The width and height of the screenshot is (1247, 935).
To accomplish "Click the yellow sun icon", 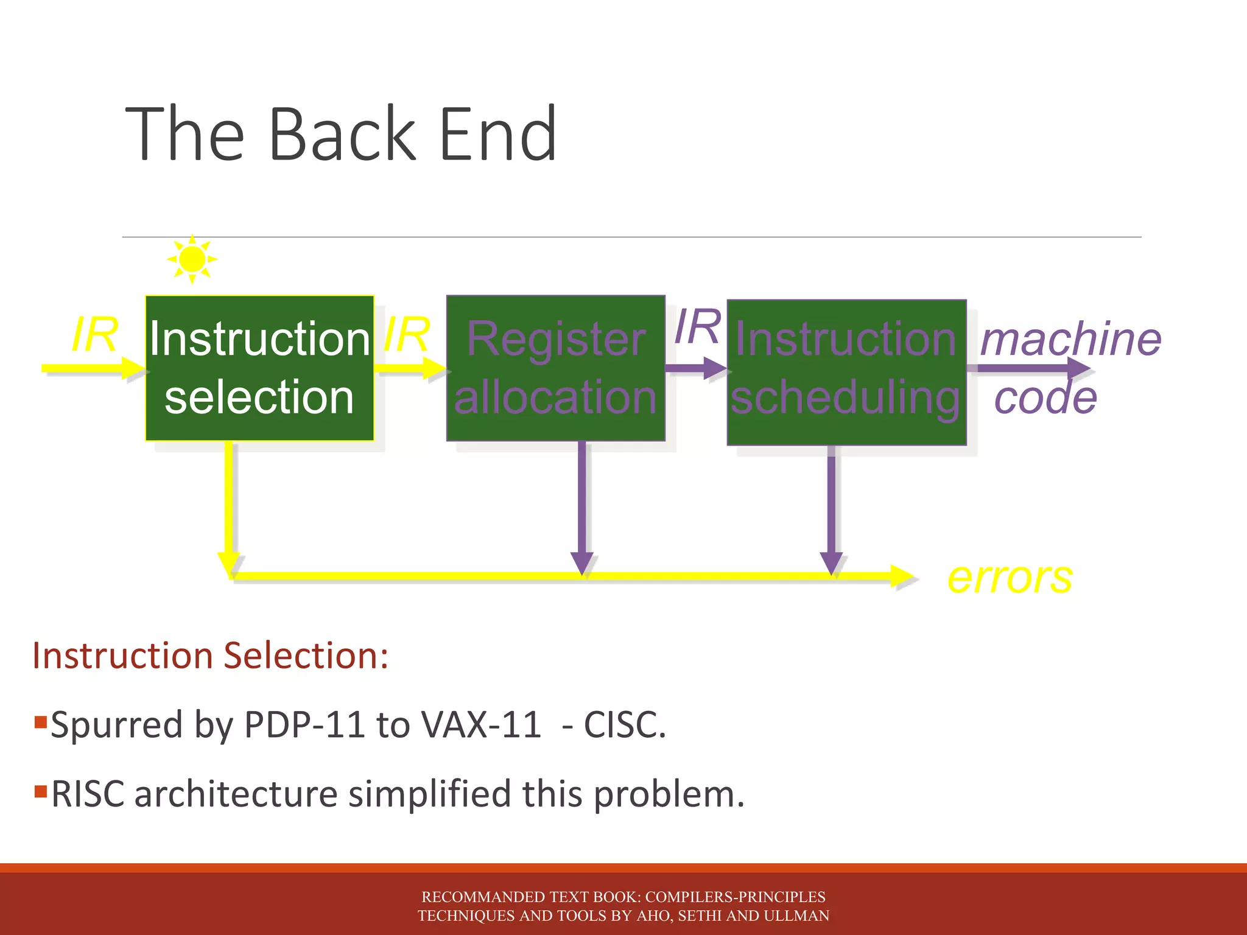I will [x=192, y=259].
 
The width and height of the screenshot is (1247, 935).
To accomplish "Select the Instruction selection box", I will [x=259, y=368].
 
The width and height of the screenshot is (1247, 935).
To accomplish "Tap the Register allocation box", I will [x=555, y=368].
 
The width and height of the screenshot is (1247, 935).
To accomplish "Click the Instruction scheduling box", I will [x=846, y=372].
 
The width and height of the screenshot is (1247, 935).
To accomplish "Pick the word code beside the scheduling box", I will [x=1045, y=398].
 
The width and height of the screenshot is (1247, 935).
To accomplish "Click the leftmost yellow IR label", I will [x=94, y=334].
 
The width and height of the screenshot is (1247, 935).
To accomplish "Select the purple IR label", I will [x=698, y=326].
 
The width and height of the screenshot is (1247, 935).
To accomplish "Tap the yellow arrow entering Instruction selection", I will [x=91, y=368].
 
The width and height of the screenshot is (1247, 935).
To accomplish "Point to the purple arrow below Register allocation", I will [x=582, y=505].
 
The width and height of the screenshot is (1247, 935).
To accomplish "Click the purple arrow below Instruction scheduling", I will [x=831, y=505].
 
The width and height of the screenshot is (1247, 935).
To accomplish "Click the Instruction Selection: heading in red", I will [x=210, y=656].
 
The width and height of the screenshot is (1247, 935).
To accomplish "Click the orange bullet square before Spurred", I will [x=41, y=722].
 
